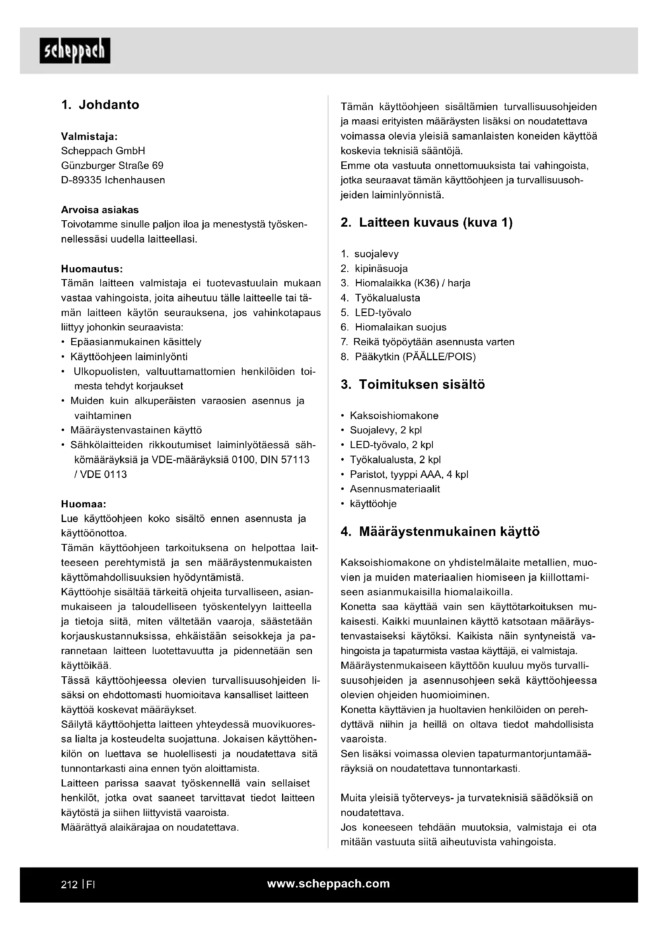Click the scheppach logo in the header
click(x=74, y=50)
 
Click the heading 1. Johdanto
click(x=100, y=105)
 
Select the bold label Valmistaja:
click(x=89, y=136)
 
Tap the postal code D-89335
click(x=81, y=180)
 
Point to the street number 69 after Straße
click(x=158, y=166)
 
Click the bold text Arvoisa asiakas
click(x=100, y=210)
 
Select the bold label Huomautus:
click(x=91, y=269)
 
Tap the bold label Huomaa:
click(x=84, y=504)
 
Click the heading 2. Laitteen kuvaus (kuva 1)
click(x=426, y=223)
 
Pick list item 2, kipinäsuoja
click(x=374, y=268)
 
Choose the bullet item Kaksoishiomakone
click(x=394, y=415)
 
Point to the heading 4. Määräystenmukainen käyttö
click(x=440, y=532)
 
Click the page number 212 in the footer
click(x=69, y=885)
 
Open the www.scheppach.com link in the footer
click(x=328, y=883)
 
